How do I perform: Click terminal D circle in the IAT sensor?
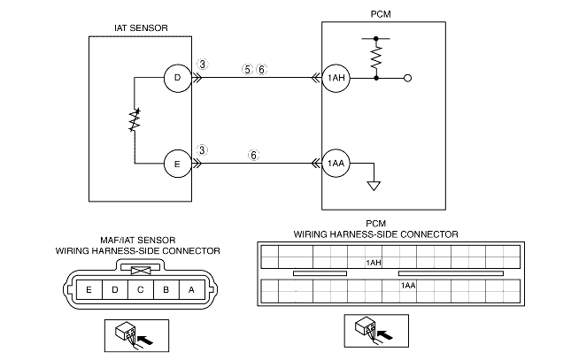177,79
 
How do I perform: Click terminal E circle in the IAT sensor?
177,164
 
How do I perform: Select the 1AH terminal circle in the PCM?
335,79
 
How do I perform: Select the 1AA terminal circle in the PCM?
335,164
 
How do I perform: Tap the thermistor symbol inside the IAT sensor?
135,121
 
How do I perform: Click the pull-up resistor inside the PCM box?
378,57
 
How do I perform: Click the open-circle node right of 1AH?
407,79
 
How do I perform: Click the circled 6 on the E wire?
253,154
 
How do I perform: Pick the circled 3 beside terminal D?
203,65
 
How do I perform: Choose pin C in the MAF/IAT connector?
141,288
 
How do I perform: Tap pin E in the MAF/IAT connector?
89,288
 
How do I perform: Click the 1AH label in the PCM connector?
373,263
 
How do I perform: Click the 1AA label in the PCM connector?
408,285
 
